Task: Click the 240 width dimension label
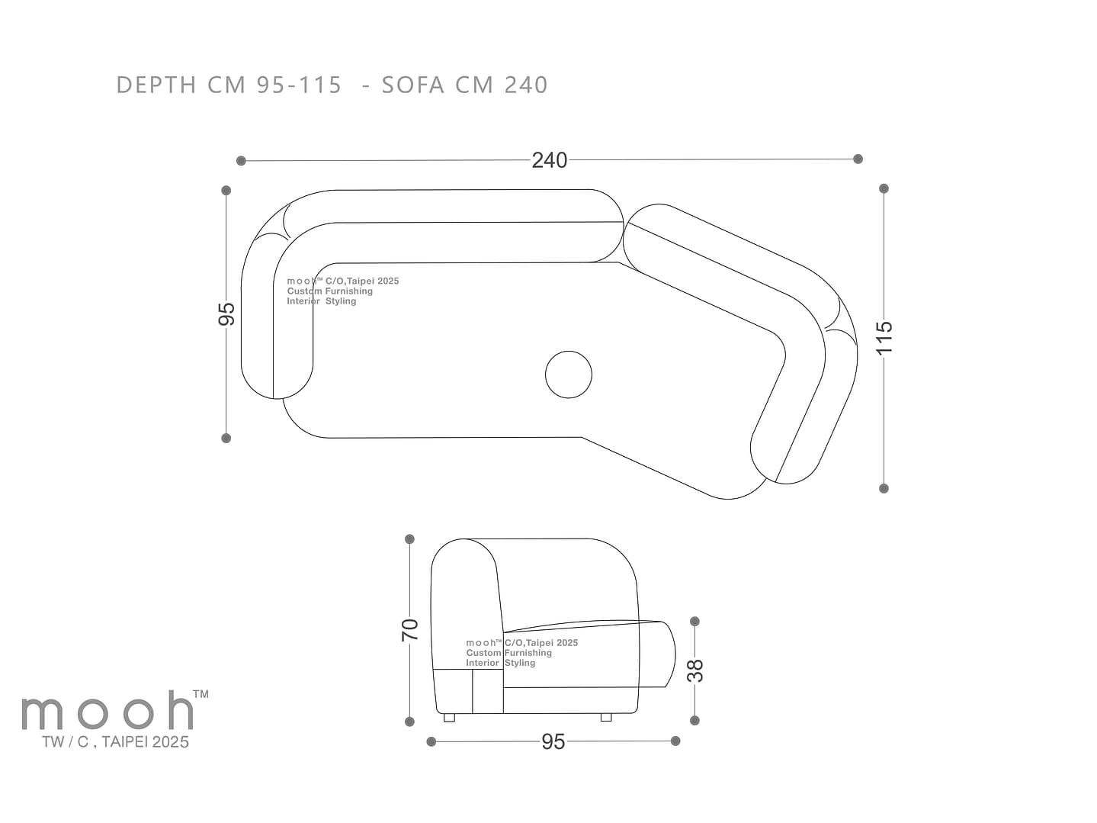coord(549,160)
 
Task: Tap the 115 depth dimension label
coord(884,338)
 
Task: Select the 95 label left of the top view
coord(226,314)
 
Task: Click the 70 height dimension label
coord(410,630)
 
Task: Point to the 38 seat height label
coord(695,671)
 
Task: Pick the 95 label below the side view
coord(553,742)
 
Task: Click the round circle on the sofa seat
coord(569,375)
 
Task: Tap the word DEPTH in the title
coord(156,85)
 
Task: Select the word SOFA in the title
coord(413,85)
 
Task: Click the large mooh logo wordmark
coord(107,710)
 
